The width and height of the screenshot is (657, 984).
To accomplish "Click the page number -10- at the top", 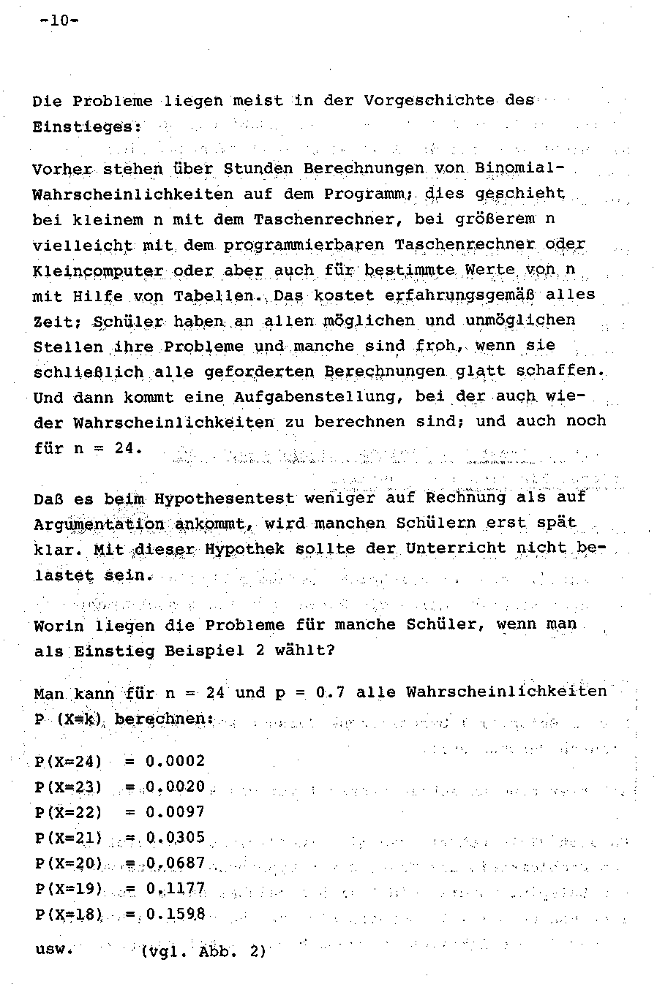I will (x=59, y=21).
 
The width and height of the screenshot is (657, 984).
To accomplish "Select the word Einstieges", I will (x=86, y=126).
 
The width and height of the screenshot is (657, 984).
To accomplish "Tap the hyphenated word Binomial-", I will (x=519, y=168).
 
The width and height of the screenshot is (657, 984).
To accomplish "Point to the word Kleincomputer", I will (x=98, y=270).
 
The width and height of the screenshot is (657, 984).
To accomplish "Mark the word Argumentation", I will (x=99, y=524).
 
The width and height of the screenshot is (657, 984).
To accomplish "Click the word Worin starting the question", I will (x=58, y=626).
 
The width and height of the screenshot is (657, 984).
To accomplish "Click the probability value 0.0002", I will (x=176, y=761).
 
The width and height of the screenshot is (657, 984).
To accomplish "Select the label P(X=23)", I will (x=68, y=787).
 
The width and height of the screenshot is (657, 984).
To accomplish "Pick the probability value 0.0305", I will (x=176, y=837).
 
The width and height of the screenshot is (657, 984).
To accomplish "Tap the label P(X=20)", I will (x=68, y=863).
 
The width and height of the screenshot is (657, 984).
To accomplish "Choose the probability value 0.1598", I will (x=176, y=914).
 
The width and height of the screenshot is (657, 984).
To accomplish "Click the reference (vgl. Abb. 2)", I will (x=203, y=952).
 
